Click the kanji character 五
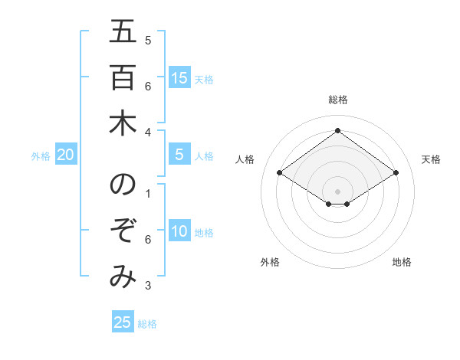pyautogui.click(x=123, y=32)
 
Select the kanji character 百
pyautogui.click(x=123, y=78)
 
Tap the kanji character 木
pyautogui.click(x=123, y=123)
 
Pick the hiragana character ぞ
pyautogui.click(x=123, y=231)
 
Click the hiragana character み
pyautogui.click(x=123, y=277)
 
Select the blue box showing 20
pyautogui.click(x=66, y=155)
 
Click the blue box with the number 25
pyautogui.click(x=123, y=322)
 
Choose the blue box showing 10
pyautogui.click(x=179, y=231)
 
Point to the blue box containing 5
pyautogui.click(x=179, y=155)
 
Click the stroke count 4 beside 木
pyautogui.click(x=148, y=132)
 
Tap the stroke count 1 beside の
pyautogui.click(x=148, y=194)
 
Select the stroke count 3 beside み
pyautogui.click(x=148, y=286)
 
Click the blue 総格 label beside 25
pyautogui.click(x=147, y=324)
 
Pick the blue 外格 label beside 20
pyautogui.click(x=41, y=156)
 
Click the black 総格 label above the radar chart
pyautogui.click(x=338, y=100)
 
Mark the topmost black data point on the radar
pyautogui.click(x=337, y=131)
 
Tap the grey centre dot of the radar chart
pyautogui.click(x=337, y=191)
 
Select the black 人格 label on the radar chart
pyautogui.click(x=245, y=159)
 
